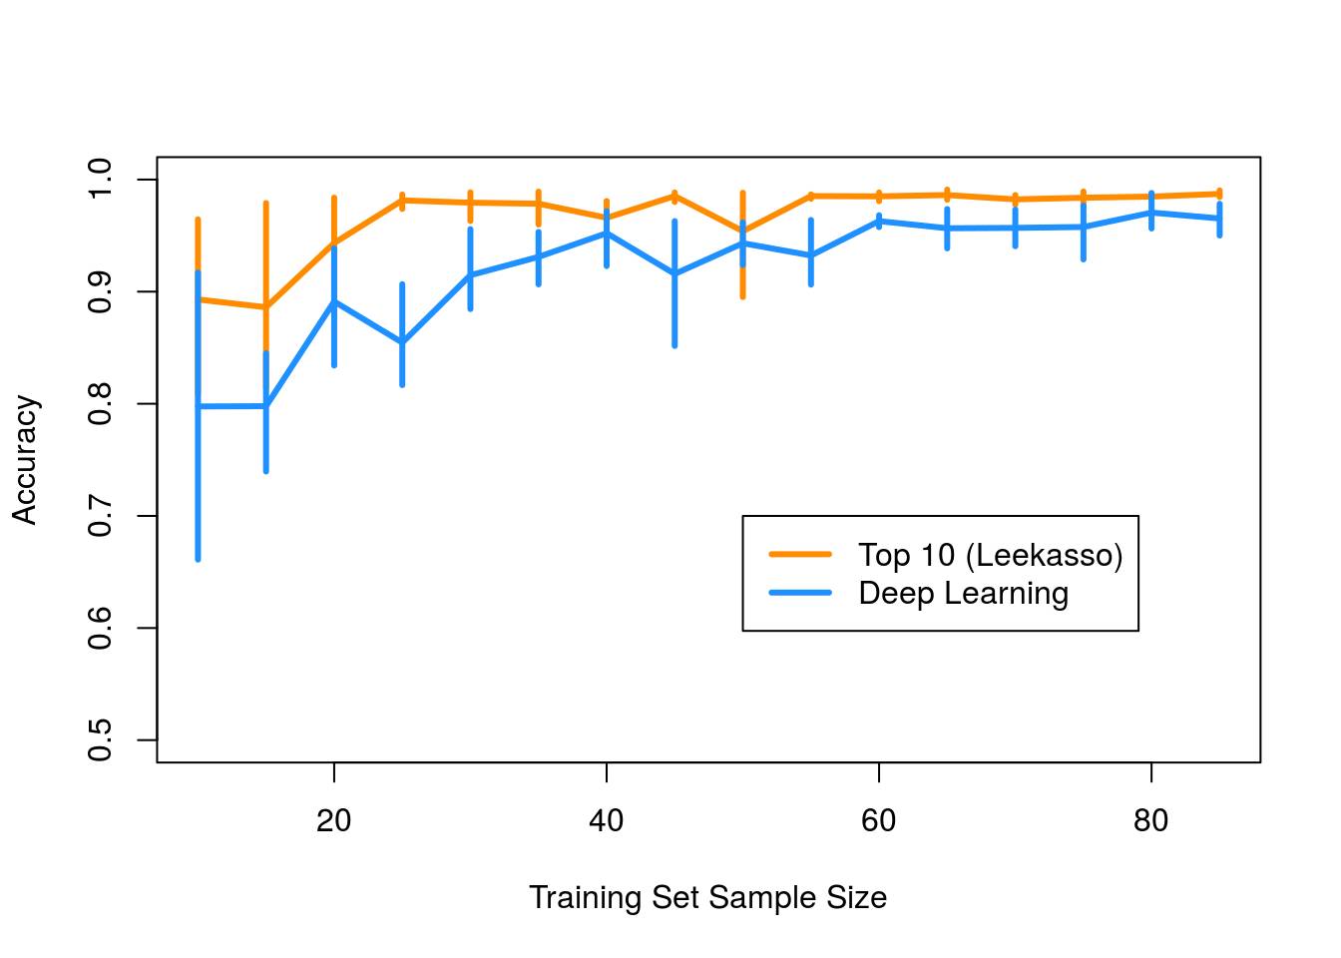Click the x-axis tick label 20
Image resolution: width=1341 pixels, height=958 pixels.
[x=333, y=820]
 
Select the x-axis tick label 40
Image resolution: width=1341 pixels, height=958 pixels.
[x=606, y=820]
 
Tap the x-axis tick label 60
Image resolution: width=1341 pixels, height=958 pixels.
[x=878, y=820]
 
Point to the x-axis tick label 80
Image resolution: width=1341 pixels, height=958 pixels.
[x=1150, y=820]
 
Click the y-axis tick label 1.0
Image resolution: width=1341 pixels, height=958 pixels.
[x=100, y=180]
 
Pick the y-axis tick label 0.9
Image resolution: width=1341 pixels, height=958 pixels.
[x=100, y=291]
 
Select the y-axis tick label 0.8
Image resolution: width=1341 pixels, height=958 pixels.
[x=100, y=404]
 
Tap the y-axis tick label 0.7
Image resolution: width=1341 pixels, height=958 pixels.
[x=100, y=516]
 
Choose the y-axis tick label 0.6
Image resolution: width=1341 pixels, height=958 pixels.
[x=100, y=629]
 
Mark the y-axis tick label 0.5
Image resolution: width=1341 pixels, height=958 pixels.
[x=100, y=740]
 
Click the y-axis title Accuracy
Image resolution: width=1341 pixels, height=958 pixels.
[x=25, y=460]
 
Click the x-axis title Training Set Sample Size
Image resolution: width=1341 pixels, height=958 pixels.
[x=707, y=897]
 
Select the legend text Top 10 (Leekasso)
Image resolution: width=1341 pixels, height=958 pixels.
[x=990, y=555]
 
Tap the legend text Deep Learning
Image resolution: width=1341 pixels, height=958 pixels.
[x=963, y=593]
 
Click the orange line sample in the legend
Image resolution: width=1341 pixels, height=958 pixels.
[x=799, y=554]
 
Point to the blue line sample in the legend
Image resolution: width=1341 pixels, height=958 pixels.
[x=799, y=593]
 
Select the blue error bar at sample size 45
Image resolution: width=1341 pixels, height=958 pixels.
[x=674, y=299]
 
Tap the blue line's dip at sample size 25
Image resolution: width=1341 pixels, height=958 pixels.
[x=402, y=342]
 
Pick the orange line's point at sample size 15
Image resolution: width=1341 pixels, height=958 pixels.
[x=265, y=306]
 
